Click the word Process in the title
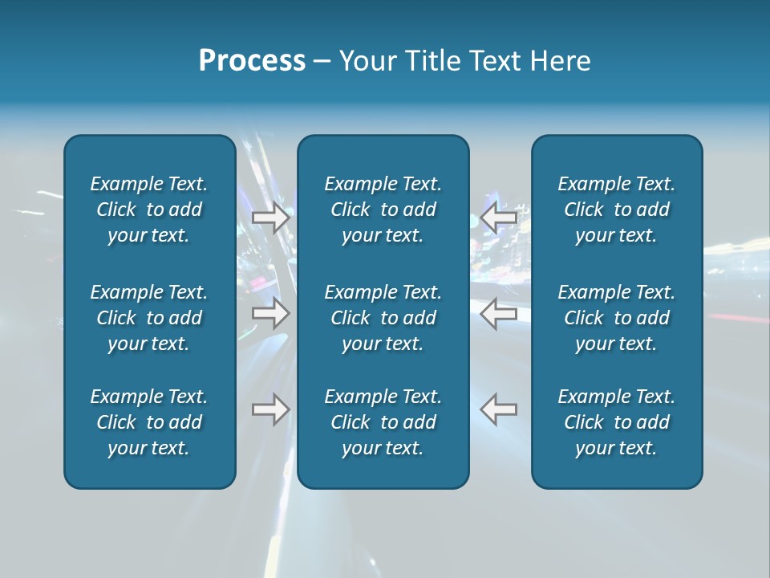click(252, 61)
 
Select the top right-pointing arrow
click(270, 218)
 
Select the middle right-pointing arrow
click(270, 313)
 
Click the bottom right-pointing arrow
click(270, 409)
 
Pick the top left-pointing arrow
click(499, 218)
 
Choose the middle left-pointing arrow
click(499, 313)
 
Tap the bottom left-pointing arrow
click(499, 409)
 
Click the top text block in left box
click(149, 210)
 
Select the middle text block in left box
click(149, 318)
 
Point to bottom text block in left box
click(149, 422)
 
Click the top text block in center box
click(383, 210)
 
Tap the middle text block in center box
click(383, 318)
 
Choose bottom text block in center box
click(383, 422)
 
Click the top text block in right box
click(617, 210)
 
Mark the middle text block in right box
click(617, 318)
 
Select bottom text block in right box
click(617, 422)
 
